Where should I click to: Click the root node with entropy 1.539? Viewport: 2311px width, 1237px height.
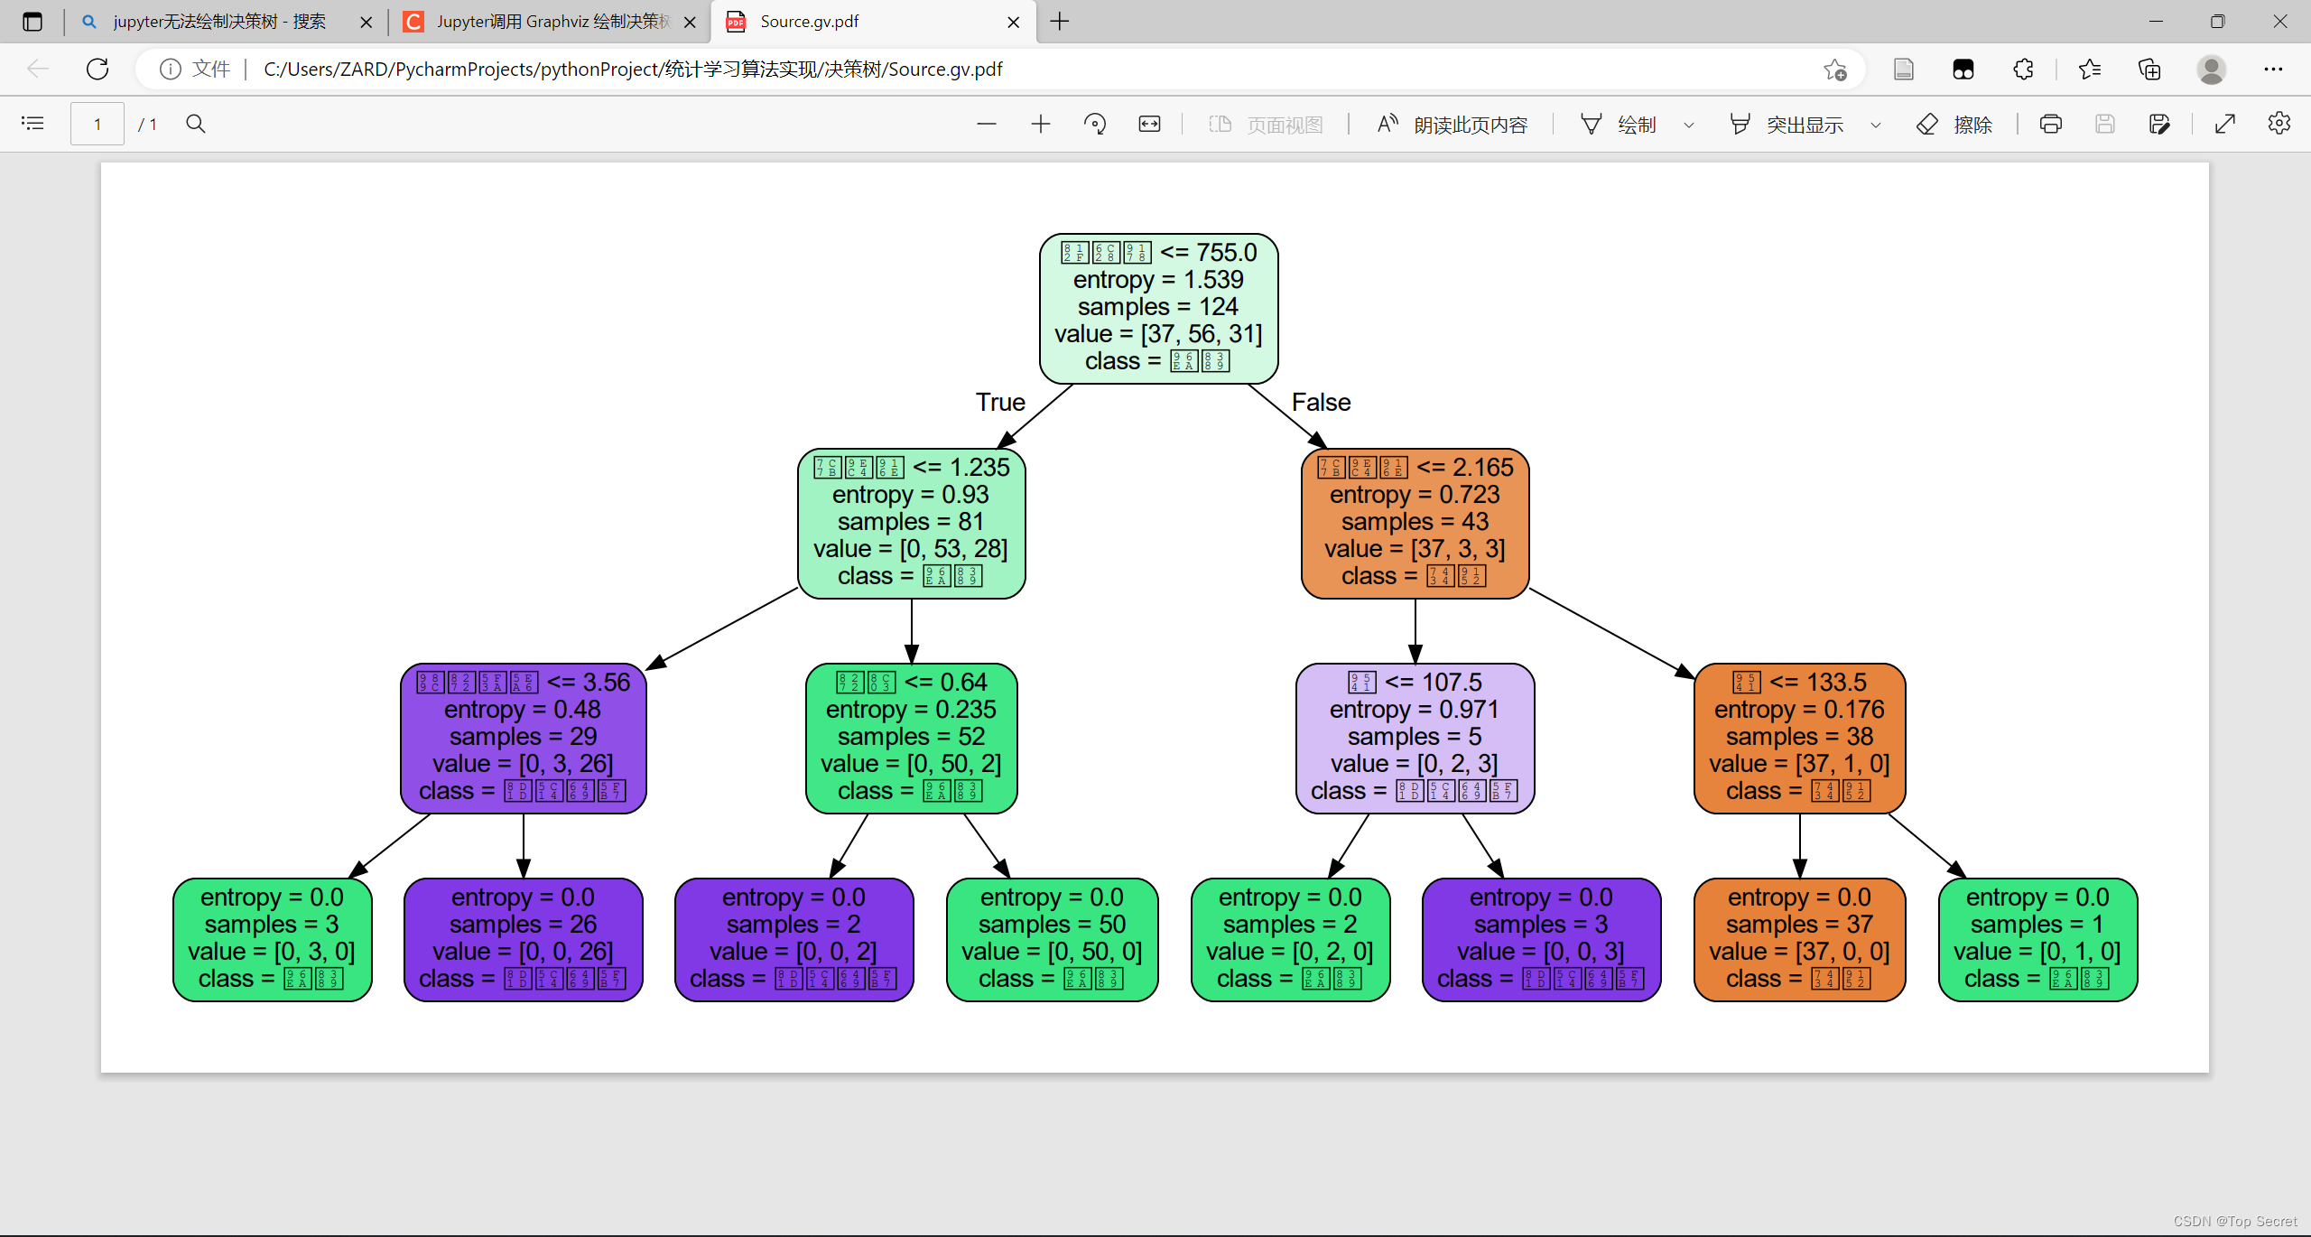coord(1158,308)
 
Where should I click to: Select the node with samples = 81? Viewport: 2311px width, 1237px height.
coord(911,523)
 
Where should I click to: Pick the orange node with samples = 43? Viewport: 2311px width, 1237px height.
coord(1415,523)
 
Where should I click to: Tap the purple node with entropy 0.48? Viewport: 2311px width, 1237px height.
coord(523,738)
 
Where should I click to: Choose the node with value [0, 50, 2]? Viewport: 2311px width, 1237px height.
coord(911,738)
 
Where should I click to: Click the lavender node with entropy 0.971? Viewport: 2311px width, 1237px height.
coord(1415,738)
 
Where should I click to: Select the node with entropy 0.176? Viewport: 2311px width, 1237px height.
coord(1799,738)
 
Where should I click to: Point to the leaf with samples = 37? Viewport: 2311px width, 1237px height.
coord(1799,939)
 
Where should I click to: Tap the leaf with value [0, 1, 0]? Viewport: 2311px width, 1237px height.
coord(2037,939)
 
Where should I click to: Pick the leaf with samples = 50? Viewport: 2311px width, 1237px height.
coord(1052,939)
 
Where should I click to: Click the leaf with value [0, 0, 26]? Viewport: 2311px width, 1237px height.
coord(523,939)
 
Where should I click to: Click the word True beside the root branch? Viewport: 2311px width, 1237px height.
coord(1000,403)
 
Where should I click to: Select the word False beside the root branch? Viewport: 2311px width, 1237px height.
coord(1321,403)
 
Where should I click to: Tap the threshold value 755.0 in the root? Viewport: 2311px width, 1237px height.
coord(1226,253)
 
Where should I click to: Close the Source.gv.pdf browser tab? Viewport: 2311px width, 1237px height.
coord(1014,22)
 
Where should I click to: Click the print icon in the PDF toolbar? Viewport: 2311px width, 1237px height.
coord(2050,124)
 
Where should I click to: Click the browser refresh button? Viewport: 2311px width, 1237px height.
coord(97,69)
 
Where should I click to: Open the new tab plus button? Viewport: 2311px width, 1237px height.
coord(1060,22)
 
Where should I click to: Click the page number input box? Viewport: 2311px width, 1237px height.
coord(97,124)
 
